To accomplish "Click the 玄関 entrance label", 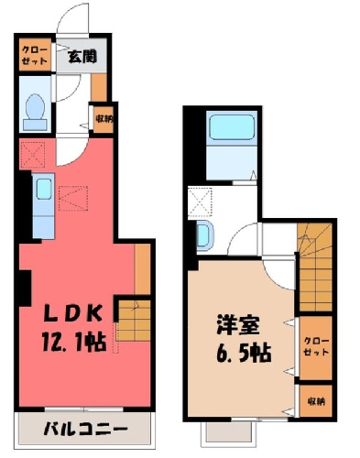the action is pos(82,56).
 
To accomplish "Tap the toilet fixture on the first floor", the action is pos(36,112).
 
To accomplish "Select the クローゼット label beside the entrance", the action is pos(35,55).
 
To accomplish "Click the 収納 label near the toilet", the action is pos(104,118).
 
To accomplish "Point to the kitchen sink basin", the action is pos(44,190).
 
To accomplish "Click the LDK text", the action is pos(72,313).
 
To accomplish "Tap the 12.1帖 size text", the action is pos(73,343).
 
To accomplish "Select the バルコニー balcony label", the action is pos(85,430).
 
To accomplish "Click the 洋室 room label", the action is pos(238,325).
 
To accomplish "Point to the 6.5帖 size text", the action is pos(244,353).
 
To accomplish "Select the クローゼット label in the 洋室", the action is pos(316,346).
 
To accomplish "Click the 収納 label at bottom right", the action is pos(316,401).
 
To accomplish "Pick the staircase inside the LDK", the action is pos(134,321).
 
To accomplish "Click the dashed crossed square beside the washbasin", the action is pos(201,202).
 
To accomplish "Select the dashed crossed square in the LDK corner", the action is pos(32,155).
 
